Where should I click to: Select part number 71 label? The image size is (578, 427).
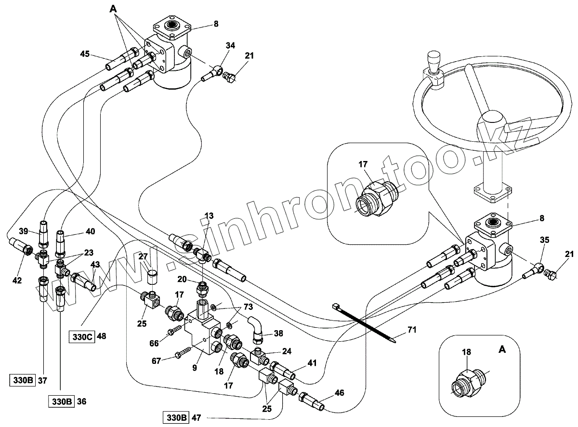click(x=412, y=330)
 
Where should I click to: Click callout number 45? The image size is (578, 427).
click(x=85, y=54)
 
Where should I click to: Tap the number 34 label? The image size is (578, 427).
click(x=230, y=45)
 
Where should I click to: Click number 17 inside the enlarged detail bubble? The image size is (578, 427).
click(x=363, y=164)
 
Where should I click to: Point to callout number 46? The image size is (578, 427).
click(x=340, y=393)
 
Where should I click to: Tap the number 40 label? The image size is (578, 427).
click(x=90, y=231)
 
